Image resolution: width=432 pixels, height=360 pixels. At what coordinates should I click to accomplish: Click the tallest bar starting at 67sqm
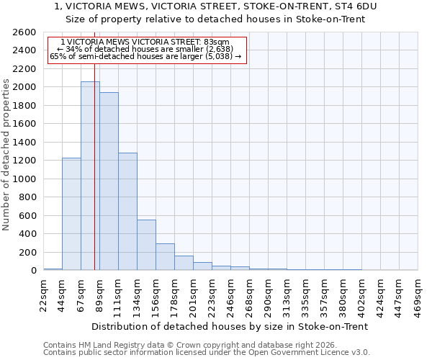pyautogui.click(x=90, y=176)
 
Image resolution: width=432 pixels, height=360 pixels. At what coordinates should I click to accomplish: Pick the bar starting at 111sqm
pyautogui.click(x=127, y=212)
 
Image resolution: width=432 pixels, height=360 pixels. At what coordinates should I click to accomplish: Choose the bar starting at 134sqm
pyautogui.click(x=146, y=245)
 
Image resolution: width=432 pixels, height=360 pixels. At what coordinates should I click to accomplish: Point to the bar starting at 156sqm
pyautogui.click(x=165, y=257)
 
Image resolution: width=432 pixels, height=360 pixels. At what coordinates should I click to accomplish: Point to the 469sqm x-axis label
pyautogui.click(x=418, y=294)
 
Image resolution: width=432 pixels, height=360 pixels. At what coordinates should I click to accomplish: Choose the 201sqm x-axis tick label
pyautogui.click(x=194, y=294)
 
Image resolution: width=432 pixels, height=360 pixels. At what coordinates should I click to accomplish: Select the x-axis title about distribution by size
pyautogui.click(x=230, y=326)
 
